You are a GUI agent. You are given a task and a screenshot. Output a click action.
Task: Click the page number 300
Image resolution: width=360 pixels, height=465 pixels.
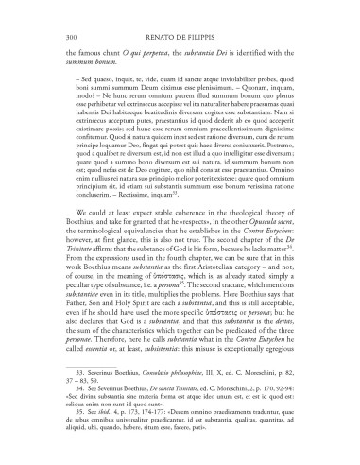(46, 10)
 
